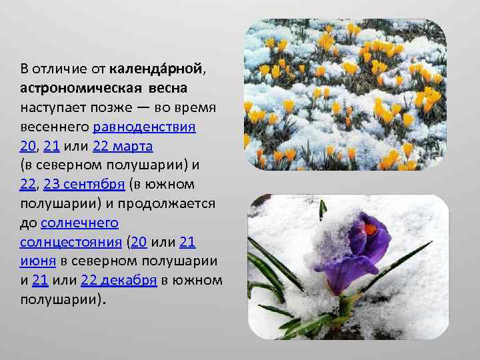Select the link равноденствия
(x=144, y=127)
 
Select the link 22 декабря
(x=119, y=281)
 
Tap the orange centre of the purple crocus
(x=372, y=233)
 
